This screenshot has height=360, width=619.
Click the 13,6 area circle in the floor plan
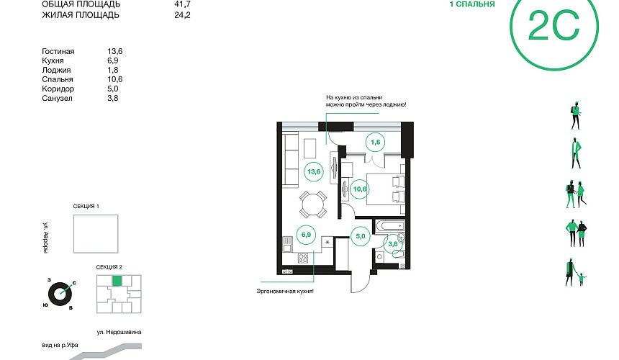click(314, 171)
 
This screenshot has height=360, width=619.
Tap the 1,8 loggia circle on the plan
click(375, 142)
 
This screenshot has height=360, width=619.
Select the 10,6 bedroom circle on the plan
click(359, 189)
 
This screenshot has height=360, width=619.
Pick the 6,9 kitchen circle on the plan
click(306, 235)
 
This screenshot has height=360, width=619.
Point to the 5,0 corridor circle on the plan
click(361, 236)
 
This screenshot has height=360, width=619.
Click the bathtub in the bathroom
click(390, 226)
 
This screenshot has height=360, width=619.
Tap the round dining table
click(313, 204)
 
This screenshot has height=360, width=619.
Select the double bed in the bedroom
click(386, 189)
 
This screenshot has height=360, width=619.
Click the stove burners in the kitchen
click(303, 258)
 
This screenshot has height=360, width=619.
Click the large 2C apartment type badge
click(554, 27)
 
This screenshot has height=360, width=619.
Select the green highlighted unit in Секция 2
click(117, 281)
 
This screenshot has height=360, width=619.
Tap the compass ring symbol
click(60, 294)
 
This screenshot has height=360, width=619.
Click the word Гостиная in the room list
click(58, 51)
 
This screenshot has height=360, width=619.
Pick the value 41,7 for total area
click(182, 4)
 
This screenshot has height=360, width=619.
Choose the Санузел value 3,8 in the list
click(113, 98)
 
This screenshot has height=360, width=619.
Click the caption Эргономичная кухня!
click(285, 292)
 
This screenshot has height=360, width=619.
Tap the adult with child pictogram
click(576, 272)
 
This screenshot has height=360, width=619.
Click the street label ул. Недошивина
click(119, 332)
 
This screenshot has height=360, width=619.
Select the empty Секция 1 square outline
click(96, 234)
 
